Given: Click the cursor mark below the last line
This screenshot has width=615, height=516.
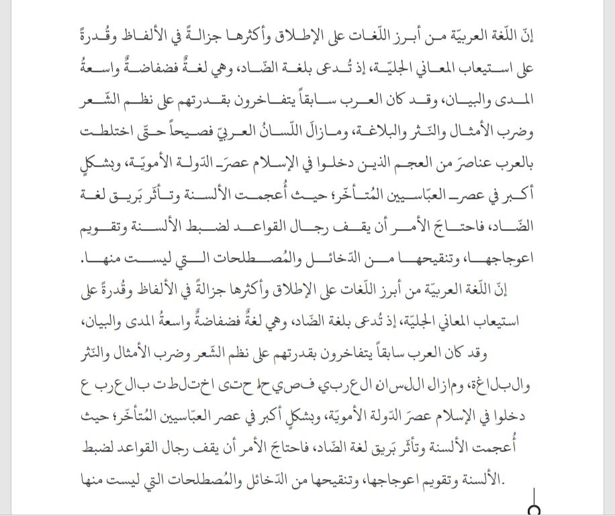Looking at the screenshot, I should pyautogui.click(x=534, y=509).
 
